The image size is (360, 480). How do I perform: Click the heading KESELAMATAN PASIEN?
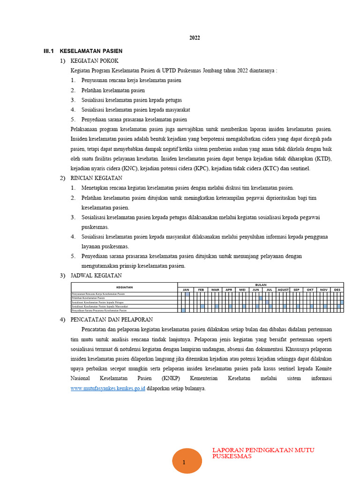91,51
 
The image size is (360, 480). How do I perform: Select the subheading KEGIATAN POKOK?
94,61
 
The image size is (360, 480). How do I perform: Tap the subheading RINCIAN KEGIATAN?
96,178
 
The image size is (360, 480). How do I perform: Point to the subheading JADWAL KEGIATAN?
96,276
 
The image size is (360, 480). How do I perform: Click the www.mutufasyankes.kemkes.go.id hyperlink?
108,389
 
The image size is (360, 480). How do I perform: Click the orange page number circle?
184,461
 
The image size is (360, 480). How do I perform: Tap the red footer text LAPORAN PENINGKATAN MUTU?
263,450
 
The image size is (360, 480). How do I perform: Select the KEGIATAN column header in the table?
124,287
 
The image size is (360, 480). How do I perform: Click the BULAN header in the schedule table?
260,285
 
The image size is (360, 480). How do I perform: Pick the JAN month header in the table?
186,290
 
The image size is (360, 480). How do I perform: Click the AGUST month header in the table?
283,290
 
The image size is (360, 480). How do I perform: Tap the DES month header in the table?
337,290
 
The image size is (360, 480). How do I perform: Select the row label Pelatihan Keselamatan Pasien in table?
88,298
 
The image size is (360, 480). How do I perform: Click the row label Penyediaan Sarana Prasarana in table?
99,310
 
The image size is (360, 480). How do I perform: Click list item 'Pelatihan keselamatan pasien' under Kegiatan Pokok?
113,90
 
